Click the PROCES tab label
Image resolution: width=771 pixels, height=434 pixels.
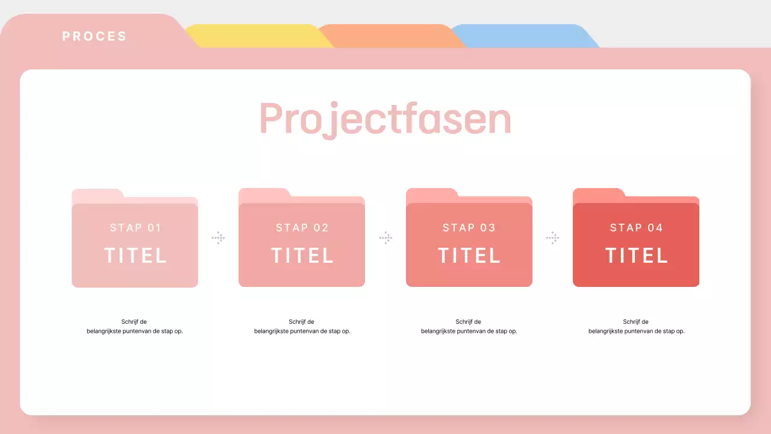pyautogui.click(x=95, y=36)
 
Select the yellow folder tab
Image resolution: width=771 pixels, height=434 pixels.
pyautogui.click(x=258, y=36)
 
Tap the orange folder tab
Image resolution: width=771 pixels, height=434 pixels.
pyautogui.click(x=392, y=36)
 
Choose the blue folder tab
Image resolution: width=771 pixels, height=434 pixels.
pyautogui.click(x=525, y=36)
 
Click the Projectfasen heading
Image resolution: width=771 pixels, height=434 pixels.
pyautogui.click(x=385, y=119)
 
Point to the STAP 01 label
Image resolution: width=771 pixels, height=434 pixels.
pyautogui.click(x=136, y=228)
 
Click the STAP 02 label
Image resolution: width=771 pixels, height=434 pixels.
pyautogui.click(x=302, y=228)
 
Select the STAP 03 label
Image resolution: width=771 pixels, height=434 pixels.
pyautogui.click(x=469, y=228)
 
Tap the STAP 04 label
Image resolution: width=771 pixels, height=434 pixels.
pyautogui.click(x=636, y=228)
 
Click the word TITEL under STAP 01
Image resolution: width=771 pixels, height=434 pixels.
pyautogui.click(x=136, y=256)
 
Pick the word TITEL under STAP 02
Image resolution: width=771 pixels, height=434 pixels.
pyautogui.click(x=302, y=256)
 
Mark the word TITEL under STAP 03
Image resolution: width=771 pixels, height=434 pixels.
pyautogui.click(x=469, y=256)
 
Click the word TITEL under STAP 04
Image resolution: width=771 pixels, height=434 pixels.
pyautogui.click(x=636, y=256)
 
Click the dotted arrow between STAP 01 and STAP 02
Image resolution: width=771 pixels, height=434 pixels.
pyautogui.click(x=218, y=237)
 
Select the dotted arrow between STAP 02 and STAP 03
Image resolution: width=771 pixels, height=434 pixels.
pyautogui.click(x=385, y=237)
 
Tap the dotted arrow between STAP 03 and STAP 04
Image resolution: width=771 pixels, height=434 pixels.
pyautogui.click(x=552, y=237)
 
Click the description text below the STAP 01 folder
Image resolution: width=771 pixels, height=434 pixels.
pyautogui.click(x=134, y=326)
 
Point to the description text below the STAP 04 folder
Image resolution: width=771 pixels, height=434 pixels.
pyautogui.click(x=636, y=326)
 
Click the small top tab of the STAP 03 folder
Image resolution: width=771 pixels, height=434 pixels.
pyautogui.click(x=432, y=194)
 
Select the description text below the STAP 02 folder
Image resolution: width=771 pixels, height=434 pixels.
pyautogui.click(x=302, y=326)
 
